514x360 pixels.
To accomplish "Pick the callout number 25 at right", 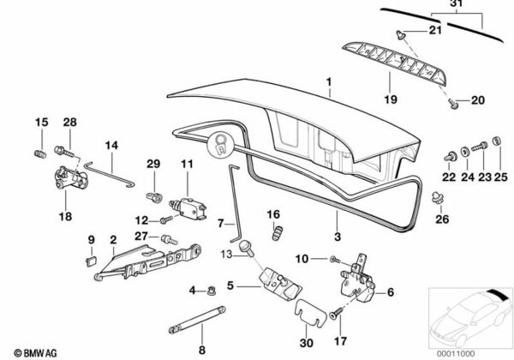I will tap(500, 177).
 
